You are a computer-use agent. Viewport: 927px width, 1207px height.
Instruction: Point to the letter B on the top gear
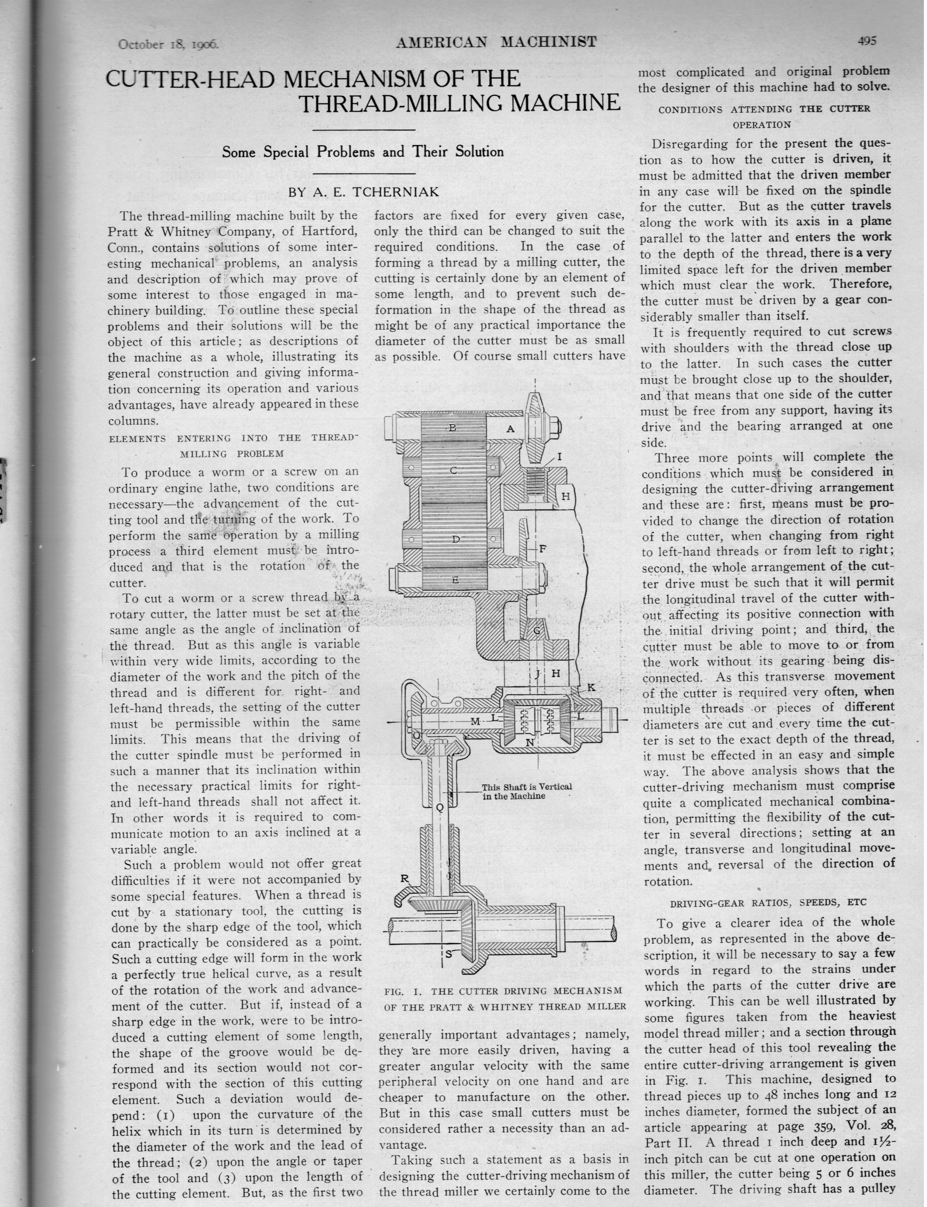click(x=452, y=427)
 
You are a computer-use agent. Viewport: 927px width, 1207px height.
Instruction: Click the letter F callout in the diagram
click(x=542, y=549)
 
